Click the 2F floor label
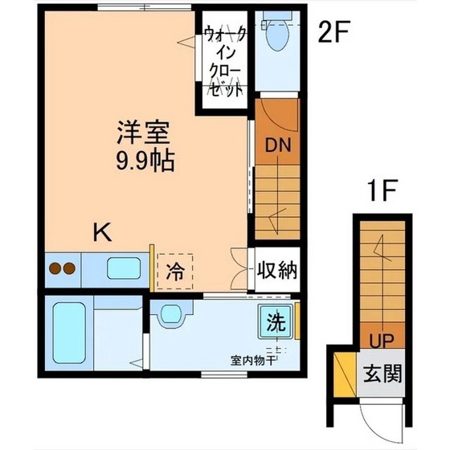pyautogui.click(x=333, y=33)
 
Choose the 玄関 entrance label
pyautogui.click(x=382, y=374)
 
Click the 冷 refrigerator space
pyautogui.click(x=174, y=271)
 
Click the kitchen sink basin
pyautogui.click(x=121, y=268)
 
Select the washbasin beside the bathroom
pyautogui.click(x=170, y=314)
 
